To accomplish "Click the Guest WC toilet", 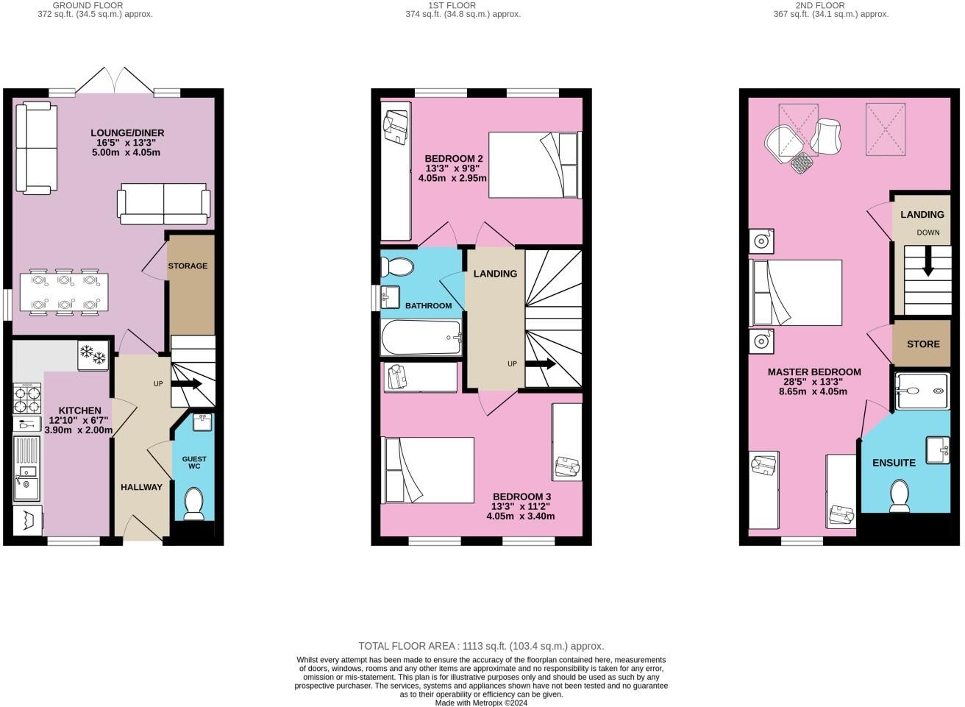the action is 194,504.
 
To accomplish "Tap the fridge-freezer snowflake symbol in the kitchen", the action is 93,355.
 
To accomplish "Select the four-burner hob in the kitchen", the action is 27,399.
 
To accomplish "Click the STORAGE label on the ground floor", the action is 188,266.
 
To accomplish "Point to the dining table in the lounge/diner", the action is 64,292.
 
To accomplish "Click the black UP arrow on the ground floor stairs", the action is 187,383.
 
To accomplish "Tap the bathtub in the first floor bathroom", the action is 421,338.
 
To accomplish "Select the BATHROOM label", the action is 429,305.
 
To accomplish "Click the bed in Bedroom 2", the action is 535,165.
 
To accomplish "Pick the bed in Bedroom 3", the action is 428,470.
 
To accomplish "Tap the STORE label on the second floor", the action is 923,344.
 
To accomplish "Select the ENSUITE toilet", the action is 900,496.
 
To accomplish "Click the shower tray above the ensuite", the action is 922,391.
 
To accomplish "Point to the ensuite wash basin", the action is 938,451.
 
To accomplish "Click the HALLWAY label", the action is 141,487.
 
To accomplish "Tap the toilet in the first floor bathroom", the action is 396,267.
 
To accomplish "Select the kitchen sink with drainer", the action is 26,469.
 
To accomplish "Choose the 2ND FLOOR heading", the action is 820,5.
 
